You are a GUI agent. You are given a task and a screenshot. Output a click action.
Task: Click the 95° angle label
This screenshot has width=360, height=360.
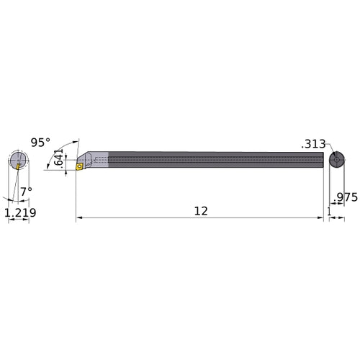[x=41, y=142]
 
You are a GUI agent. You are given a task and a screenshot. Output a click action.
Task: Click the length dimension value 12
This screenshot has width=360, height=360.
[x=201, y=212]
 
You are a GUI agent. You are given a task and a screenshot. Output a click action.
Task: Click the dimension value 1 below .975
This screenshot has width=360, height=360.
[x=329, y=212]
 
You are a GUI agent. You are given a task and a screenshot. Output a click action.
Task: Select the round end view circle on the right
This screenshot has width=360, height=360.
[x=336, y=160]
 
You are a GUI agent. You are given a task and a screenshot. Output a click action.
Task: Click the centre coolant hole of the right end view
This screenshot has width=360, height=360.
[x=336, y=160]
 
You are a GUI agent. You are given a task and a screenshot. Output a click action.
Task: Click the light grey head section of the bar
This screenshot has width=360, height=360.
[x=99, y=161]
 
